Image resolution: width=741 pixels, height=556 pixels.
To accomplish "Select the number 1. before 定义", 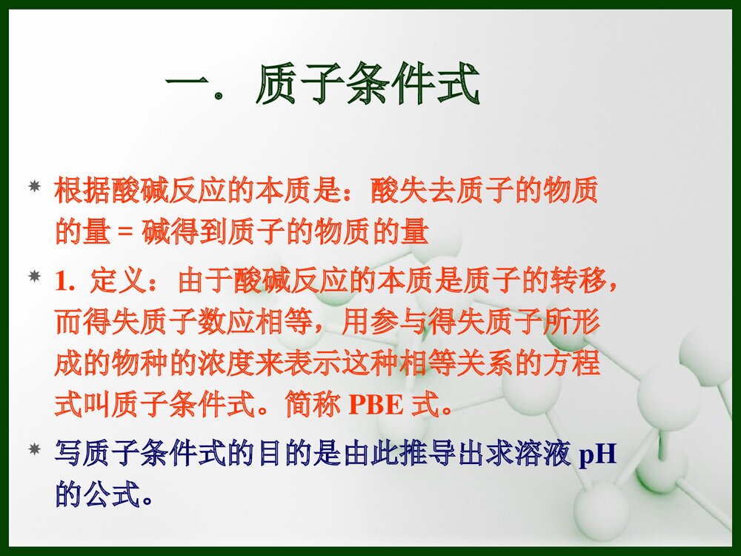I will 65,282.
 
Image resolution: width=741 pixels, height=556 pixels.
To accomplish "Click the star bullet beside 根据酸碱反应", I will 34,186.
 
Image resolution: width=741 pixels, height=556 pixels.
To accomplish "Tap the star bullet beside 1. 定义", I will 34,277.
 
